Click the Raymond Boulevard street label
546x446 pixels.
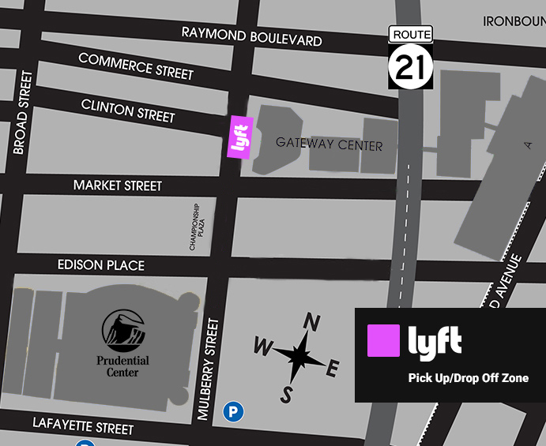(251, 36)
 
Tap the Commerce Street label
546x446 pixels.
(136, 66)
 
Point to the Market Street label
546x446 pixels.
(117, 186)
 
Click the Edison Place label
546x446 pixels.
(101, 265)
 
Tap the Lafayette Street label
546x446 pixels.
(83, 426)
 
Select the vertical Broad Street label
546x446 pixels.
(21, 112)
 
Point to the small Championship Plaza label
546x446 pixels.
(195, 228)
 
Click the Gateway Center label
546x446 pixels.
(329, 144)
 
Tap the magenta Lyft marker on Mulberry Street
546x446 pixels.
(239, 137)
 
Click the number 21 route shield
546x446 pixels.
(410, 66)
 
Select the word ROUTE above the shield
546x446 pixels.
(410, 34)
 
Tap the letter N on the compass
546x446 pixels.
(313, 322)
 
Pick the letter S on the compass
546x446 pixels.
(287, 395)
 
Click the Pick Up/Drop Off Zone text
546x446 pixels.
(468, 378)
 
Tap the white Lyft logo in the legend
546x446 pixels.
(435, 341)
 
